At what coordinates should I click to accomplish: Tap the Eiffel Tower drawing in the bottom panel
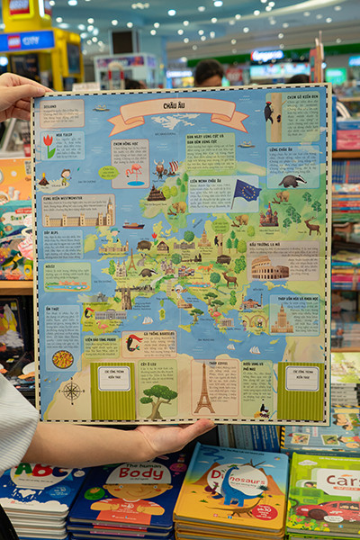204,393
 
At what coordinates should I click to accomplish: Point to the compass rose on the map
71,391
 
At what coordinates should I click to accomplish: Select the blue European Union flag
246,192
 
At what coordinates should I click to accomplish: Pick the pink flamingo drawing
135,170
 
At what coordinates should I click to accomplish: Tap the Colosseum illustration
269,269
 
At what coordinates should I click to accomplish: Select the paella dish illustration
63,358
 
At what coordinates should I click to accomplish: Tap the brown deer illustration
310,226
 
